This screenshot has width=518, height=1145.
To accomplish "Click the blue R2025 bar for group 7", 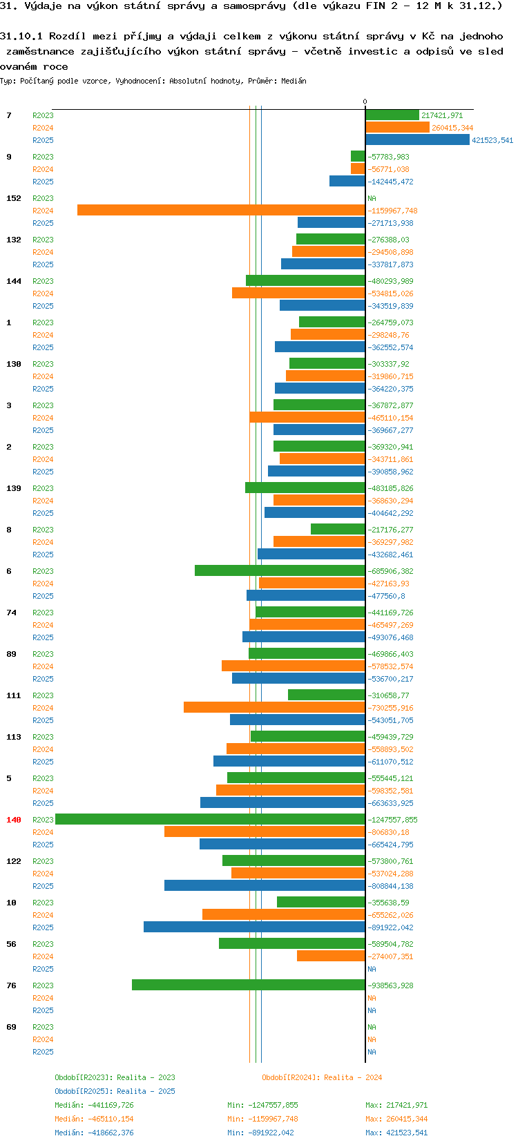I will click(x=417, y=140).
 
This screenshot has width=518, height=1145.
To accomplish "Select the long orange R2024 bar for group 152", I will click(x=221, y=211).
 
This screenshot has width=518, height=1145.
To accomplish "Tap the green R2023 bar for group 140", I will click(x=210, y=820).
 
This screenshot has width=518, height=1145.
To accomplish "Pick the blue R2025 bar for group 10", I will click(x=254, y=927).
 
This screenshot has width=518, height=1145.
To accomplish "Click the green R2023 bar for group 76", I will click(x=249, y=985).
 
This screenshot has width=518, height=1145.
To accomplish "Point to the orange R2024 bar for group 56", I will click(x=331, y=956).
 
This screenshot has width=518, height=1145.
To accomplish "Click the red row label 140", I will click(x=14, y=820).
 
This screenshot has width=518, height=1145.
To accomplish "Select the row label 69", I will click(x=11, y=1027).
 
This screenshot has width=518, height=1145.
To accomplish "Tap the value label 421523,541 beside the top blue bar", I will click(x=492, y=141).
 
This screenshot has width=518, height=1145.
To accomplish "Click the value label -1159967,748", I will click(x=392, y=211).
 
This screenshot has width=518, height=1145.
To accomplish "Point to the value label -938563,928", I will click(x=390, y=986).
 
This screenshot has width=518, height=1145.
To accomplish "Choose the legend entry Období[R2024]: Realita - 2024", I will click(x=322, y=1077).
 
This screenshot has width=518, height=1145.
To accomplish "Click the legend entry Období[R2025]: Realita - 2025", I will click(x=115, y=1091).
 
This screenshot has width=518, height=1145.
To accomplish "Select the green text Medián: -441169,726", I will click(x=94, y=1105).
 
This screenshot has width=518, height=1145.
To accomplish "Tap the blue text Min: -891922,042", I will click(x=262, y=1133).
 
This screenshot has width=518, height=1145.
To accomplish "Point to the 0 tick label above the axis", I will click(x=365, y=102).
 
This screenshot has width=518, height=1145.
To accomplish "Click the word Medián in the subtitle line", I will click(x=294, y=81).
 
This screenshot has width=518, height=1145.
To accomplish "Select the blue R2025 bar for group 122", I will click(x=265, y=886).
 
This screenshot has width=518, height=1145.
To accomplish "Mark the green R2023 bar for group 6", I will click(x=280, y=571).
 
